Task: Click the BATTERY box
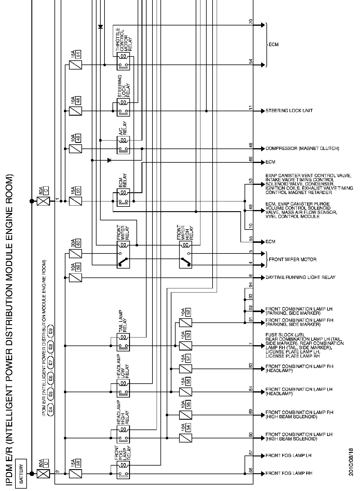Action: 21,473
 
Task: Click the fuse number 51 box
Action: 78,54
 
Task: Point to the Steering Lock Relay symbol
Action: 123,107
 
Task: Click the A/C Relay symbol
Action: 123,144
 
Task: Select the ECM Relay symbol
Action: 123,197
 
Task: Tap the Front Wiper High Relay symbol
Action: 185,255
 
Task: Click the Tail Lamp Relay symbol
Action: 123,342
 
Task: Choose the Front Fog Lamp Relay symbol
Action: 123,470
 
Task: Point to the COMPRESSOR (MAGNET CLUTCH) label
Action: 302,148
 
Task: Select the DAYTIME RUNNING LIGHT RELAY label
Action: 300,277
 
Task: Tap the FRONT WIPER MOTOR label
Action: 292,259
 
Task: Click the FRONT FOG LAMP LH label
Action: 288,455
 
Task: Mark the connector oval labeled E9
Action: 51,331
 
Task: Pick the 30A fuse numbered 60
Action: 75,253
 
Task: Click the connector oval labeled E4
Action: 51,410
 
